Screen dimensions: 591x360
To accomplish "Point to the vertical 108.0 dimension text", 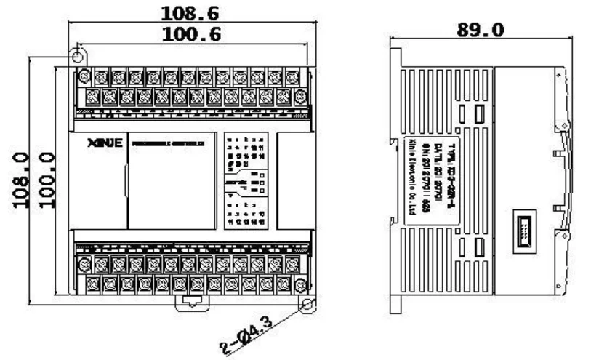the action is coord(20,179).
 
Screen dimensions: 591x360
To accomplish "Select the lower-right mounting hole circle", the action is coord(308,304).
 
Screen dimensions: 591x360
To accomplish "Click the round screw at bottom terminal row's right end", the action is coord(300,282).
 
